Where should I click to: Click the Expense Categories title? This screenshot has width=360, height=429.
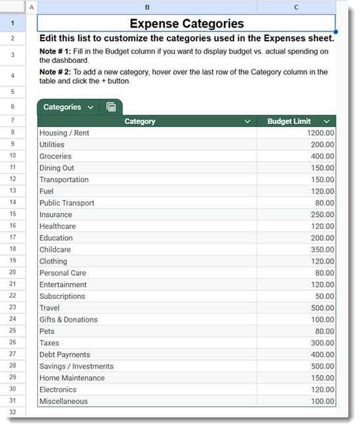coord(187,24)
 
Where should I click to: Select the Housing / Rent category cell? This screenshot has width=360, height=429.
coord(64,133)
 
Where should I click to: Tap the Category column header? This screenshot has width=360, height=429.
coord(140,121)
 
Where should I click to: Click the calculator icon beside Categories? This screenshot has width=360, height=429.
coord(111,107)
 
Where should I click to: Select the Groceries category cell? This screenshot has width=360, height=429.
coord(56,156)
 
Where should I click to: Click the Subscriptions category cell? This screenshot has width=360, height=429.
coord(62,296)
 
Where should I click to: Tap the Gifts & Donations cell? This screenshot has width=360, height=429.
coord(68,320)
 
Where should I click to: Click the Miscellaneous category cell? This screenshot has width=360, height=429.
coord(63,402)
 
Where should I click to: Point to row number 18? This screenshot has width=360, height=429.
coord(12,250)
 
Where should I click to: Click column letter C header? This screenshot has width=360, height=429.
coord(297,7)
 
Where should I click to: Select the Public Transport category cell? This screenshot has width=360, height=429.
coord(67,203)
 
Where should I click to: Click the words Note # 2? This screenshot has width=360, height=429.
coord(55,72)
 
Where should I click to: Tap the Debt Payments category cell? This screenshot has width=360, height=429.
coord(65,355)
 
